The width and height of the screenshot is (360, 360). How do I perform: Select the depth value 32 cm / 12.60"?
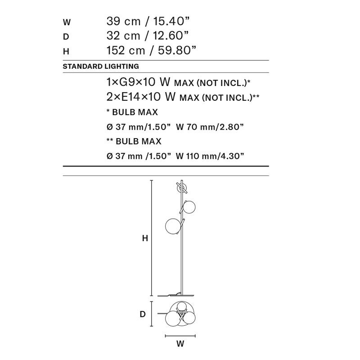point(147,36)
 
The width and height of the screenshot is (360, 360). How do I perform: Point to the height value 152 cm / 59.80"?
point(152,50)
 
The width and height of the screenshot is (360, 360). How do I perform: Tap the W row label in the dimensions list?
point(67,22)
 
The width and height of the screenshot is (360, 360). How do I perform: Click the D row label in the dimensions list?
point(66,36)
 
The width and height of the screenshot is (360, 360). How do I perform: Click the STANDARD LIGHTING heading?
point(100,66)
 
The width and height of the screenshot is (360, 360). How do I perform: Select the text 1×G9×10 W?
point(138,82)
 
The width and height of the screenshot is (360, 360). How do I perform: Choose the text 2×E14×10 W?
point(140,97)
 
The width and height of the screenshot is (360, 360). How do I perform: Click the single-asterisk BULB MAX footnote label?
point(132,112)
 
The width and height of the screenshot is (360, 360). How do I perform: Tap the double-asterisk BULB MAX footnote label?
point(134,141)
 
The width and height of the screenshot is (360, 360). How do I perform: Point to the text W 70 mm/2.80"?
point(210,127)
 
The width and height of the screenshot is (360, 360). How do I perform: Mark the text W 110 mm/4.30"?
point(210,156)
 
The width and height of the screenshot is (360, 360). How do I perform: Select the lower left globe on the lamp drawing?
point(174,226)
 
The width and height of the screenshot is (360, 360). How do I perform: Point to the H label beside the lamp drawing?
point(145,239)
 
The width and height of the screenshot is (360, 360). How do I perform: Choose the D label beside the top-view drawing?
point(143,314)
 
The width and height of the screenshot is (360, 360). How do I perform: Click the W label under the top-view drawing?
point(180,344)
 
